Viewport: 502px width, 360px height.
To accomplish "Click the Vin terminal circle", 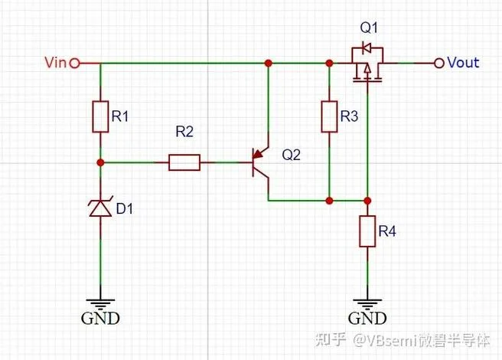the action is coord(74,63).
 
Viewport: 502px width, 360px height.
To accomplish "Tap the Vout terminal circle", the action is coord(439,63).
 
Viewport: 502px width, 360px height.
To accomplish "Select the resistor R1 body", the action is coord(100,116).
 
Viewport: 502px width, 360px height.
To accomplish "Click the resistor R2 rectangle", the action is coord(184,162).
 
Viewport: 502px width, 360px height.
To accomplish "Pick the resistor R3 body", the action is coord(329,116).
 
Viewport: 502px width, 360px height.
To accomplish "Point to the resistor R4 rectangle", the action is coord(367,231).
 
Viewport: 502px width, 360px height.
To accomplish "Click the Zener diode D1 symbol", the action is coord(100,207).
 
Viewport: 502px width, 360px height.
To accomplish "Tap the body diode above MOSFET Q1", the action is coord(367,48).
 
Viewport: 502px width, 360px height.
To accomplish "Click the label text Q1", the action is coord(369,28).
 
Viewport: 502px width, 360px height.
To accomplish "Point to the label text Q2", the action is coord(291,155).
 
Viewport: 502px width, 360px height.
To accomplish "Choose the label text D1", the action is coord(124,208).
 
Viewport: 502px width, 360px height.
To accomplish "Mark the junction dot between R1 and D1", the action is coord(100,162).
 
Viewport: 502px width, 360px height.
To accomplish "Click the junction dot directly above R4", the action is coord(367,201).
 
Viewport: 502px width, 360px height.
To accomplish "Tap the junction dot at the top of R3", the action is coord(329,63).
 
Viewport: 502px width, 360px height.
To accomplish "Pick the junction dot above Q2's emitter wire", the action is coord(269,63).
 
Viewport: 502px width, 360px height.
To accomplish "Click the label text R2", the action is coord(184,132).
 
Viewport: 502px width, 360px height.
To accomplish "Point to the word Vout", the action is coord(463,63).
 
